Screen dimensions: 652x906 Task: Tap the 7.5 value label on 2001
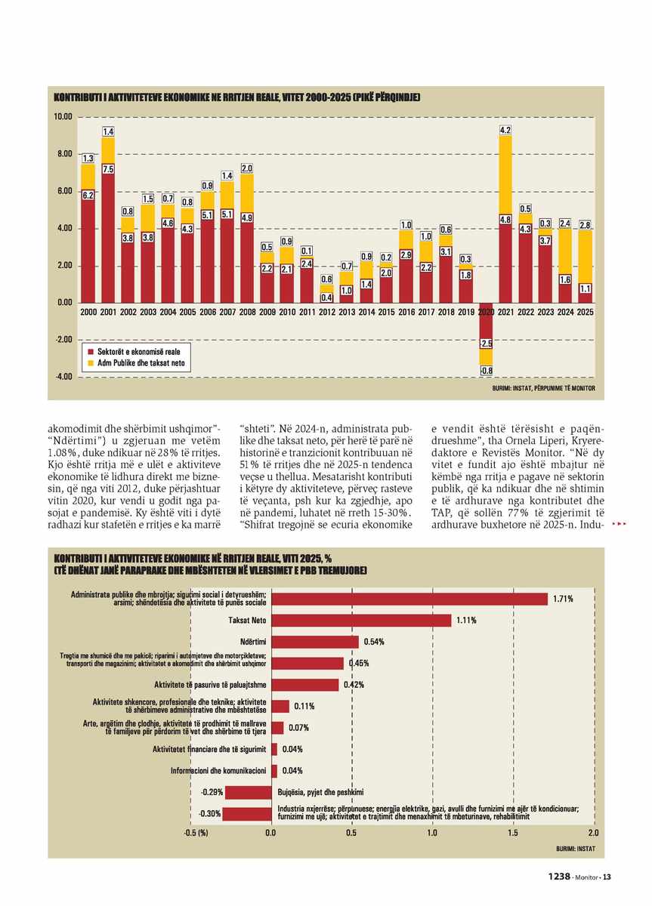pos(108,168)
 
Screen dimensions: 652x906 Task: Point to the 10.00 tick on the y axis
pos(63,117)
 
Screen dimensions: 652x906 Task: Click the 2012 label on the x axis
pos(326,313)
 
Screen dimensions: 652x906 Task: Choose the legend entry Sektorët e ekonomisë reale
pos(134,352)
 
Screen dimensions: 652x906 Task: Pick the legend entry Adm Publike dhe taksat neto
pos(136,363)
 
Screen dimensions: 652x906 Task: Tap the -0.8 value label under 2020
pos(486,371)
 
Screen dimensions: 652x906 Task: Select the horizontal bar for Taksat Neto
pos(361,621)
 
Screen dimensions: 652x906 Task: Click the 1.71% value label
pos(563,599)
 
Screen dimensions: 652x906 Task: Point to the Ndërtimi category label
pos(253,642)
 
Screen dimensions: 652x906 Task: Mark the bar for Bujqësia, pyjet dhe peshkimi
pos(248,792)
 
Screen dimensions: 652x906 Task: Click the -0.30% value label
pos(209,813)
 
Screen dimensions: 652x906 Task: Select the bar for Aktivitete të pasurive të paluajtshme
pos(304,685)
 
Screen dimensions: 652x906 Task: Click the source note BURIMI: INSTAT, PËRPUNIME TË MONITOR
pos(543,388)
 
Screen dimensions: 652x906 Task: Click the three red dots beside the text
pos(620,524)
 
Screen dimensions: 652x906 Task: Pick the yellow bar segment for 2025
pos(585,257)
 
